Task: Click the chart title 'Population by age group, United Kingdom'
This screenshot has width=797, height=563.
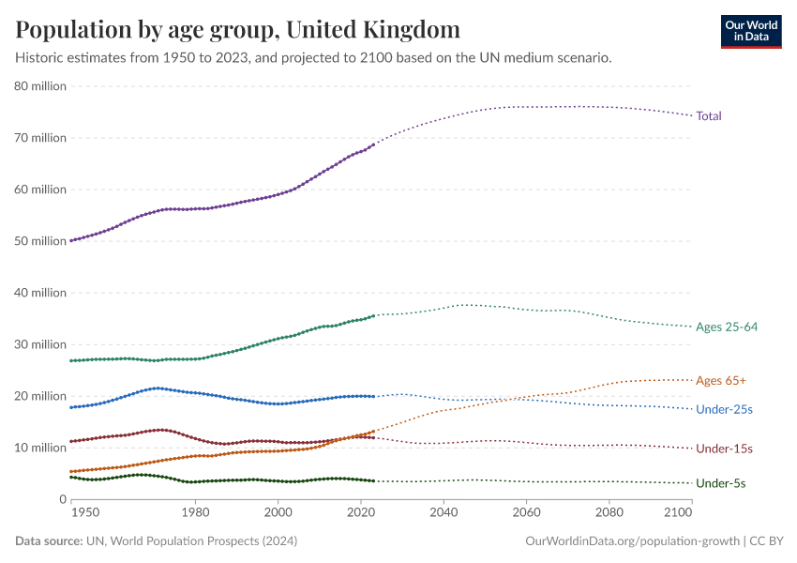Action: [238, 30]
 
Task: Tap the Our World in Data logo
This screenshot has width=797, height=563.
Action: [750, 31]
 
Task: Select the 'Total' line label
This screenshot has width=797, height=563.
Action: [709, 116]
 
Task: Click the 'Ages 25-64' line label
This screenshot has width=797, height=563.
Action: [727, 327]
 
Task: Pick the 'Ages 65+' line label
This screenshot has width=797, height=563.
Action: [721, 381]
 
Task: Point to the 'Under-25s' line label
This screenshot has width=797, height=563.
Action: [724, 410]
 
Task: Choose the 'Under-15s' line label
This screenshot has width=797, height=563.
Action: [724, 449]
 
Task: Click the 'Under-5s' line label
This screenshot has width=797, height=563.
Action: [720, 483]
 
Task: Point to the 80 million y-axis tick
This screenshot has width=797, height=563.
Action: [40, 86]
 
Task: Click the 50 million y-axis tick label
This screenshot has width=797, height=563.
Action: [40, 241]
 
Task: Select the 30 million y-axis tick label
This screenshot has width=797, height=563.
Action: [40, 344]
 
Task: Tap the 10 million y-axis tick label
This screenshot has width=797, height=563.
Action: [40, 448]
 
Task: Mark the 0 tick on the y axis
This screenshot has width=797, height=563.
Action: [62, 499]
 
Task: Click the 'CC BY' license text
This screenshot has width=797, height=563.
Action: [768, 541]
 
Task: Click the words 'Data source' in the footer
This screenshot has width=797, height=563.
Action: [48, 541]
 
